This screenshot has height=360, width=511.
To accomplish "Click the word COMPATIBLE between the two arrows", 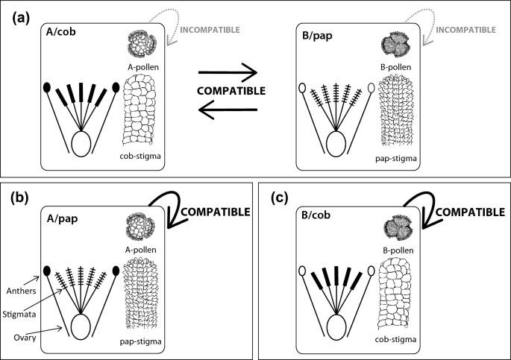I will (228, 92).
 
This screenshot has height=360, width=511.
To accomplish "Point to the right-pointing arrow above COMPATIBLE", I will (228, 73).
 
